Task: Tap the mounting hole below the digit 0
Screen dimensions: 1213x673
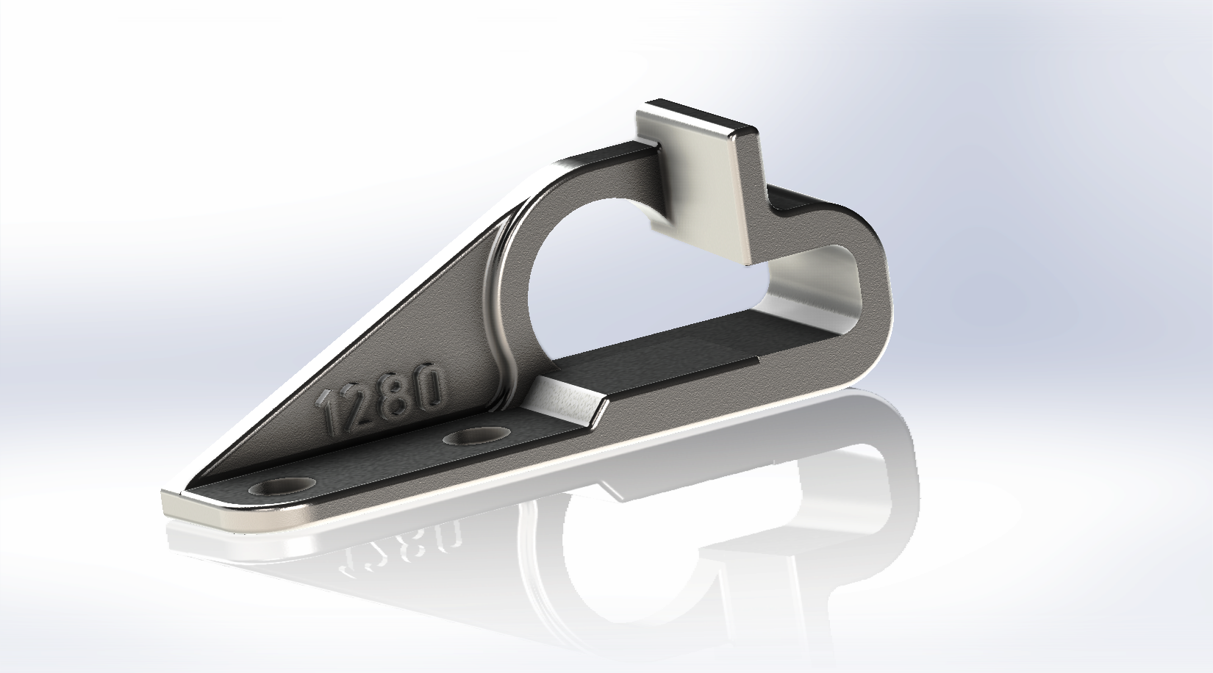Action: (x=477, y=436)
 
